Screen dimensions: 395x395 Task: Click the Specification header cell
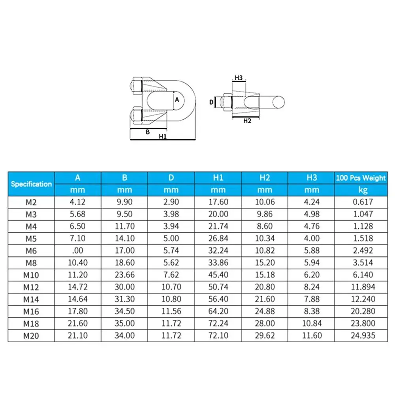[x=31, y=184]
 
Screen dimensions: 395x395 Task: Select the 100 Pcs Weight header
[x=361, y=178]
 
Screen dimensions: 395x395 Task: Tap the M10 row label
[x=31, y=275]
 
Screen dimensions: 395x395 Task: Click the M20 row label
[x=31, y=336]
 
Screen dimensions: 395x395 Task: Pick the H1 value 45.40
[x=218, y=275]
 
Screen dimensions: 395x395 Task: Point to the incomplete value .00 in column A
[x=77, y=250]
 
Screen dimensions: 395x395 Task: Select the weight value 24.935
[x=360, y=336]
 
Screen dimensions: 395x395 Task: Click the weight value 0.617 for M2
[x=360, y=202]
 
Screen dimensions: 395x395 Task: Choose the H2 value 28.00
[x=265, y=324]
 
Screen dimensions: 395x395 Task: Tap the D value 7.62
[x=171, y=275]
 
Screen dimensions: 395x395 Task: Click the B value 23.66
[x=124, y=275]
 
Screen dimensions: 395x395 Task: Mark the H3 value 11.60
[x=311, y=336]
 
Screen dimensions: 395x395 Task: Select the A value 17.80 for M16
[x=77, y=311]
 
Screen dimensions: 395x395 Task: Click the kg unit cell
[x=360, y=190]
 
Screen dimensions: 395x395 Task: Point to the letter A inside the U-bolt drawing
[x=177, y=100]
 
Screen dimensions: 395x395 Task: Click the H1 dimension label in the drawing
[x=162, y=136]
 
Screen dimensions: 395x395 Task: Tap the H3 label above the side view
[x=239, y=78]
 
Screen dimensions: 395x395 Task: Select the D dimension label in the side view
[x=211, y=102]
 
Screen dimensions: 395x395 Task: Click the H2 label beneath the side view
[x=247, y=121]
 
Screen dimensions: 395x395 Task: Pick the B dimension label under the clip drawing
[x=148, y=132]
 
